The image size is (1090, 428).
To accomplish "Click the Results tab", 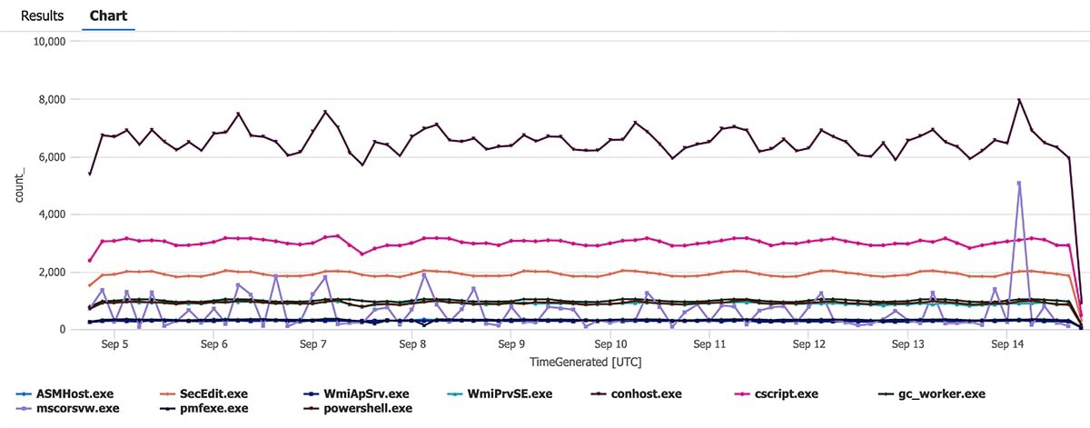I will coord(43,15).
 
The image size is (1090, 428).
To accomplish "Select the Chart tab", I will coord(108,15).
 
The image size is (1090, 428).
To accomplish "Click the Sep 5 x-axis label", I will coord(114,345).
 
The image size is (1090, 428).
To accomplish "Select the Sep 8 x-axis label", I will coord(411,345).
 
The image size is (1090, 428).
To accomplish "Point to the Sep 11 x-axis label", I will coord(709,345).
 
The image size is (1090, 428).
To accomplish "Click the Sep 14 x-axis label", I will coord(1007,345).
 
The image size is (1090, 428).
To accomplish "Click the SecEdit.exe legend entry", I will coord(215,393).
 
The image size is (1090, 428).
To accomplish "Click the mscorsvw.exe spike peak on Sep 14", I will coord(1019,183).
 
